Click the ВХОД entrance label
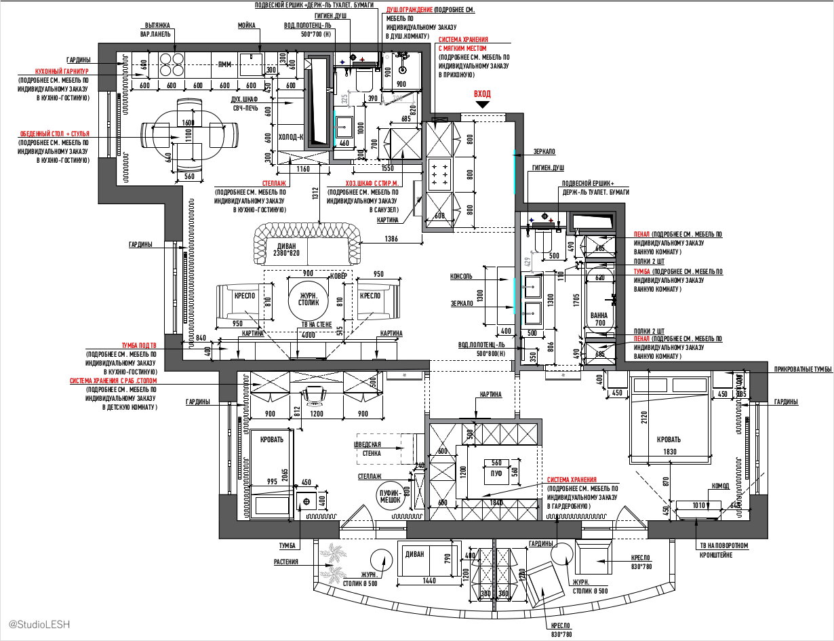tap(482, 94)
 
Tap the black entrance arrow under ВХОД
tap(482, 105)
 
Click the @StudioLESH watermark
tap(39, 623)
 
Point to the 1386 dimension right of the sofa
tap(391, 239)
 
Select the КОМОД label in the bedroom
tap(720, 486)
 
